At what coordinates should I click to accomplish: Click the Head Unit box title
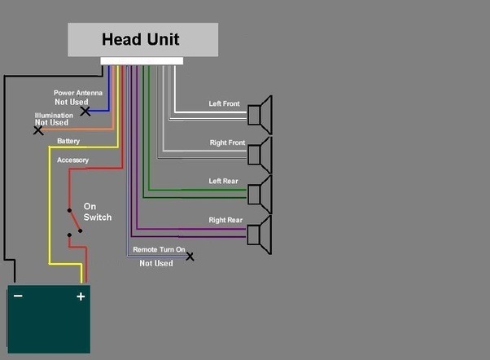pyautogui.click(x=140, y=39)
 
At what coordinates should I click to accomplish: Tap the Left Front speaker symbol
pyautogui.click(x=261, y=115)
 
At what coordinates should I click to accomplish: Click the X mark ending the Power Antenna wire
pyautogui.click(x=85, y=111)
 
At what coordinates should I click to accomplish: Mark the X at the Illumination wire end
pyautogui.click(x=37, y=130)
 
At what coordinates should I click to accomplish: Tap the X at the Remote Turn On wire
pyautogui.click(x=190, y=257)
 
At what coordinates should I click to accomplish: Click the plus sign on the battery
pyautogui.click(x=81, y=296)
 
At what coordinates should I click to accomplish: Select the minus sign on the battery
pyautogui.click(x=18, y=296)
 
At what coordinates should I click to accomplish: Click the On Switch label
pyautogui.click(x=97, y=212)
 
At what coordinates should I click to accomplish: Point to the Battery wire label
pyautogui.click(x=68, y=141)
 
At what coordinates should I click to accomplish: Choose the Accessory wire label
pyautogui.click(x=73, y=160)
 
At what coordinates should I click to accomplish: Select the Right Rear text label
pyautogui.click(x=225, y=220)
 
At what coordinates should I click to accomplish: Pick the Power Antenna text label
pyautogui.click(x=79, y=93)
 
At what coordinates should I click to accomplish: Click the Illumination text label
pyautogui.click(x=54, y=115)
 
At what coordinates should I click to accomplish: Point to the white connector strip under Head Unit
pyautogui.click(x=142, y=61)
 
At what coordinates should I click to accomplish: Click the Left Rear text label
pyautogui.click(x=225, y=181)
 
